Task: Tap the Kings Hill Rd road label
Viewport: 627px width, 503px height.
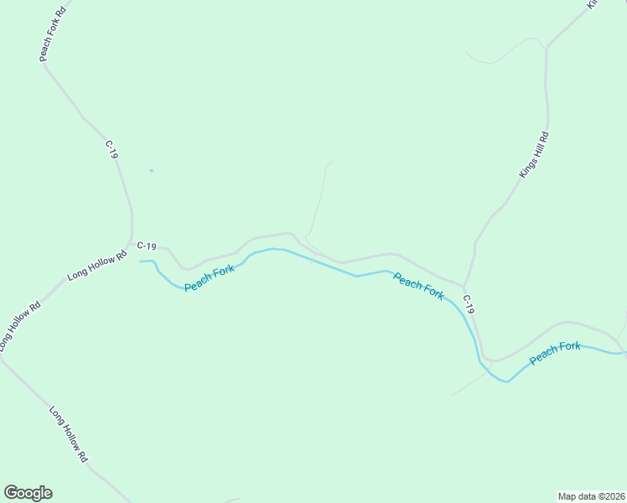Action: [x=534, y=154]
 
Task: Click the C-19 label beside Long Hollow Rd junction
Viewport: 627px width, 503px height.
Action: [x=147, y=246]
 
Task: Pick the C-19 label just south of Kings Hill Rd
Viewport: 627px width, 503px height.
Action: [x=469, y=304]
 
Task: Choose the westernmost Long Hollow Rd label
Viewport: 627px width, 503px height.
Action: [x=18, y=326]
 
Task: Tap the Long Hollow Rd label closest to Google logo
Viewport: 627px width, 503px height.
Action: [x=68, y=435]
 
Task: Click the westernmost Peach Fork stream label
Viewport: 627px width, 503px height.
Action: [x=210, y=278]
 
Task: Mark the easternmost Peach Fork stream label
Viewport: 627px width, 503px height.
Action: [x=555, y=353]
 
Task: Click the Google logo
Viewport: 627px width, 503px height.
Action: [x=28, y=493]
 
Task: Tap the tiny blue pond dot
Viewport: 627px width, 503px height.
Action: [x=151, y=171]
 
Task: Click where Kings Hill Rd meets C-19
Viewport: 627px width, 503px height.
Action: [x=464, y=285]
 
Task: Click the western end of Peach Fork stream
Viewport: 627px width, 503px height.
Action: [x=141, y=262]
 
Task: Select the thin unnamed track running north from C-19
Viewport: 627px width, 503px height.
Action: [x=319, y=201]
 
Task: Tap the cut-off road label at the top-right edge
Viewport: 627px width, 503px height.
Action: [x=592, y=4]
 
